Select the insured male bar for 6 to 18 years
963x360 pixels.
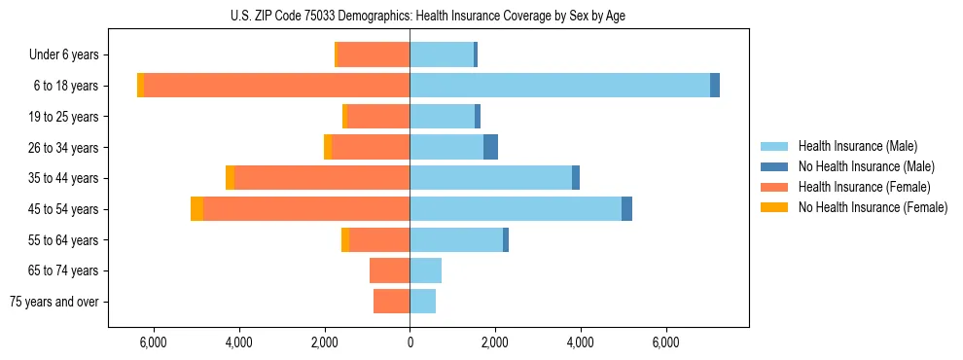559,86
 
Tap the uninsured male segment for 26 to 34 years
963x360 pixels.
490,147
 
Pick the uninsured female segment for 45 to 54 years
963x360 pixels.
196,209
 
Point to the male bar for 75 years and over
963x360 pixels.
422,302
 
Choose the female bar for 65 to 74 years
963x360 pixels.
389,270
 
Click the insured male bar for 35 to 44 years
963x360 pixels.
490,178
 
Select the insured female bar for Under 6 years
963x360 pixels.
374,54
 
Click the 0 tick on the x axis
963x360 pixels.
410,343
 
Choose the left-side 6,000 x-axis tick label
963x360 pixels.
154,343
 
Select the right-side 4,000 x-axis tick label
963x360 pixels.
581,343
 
